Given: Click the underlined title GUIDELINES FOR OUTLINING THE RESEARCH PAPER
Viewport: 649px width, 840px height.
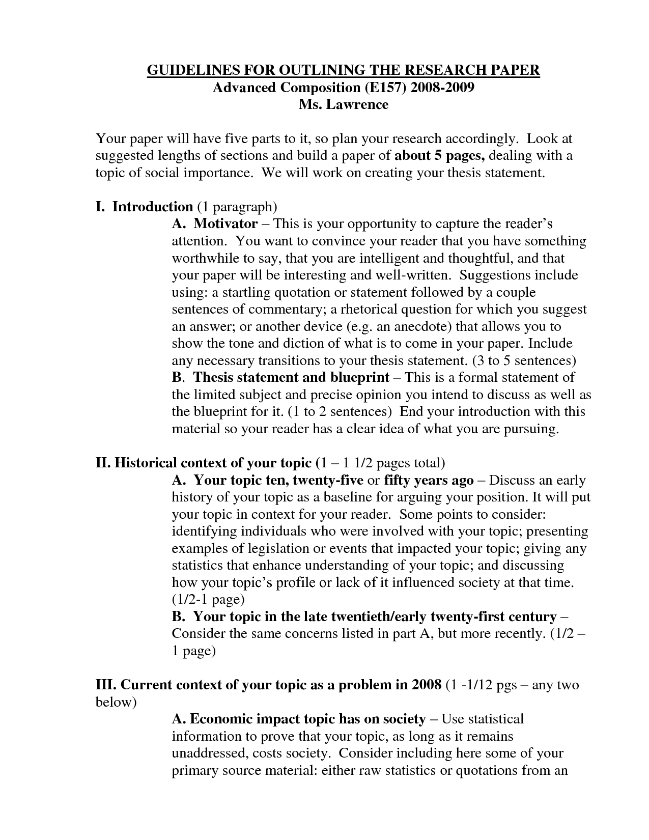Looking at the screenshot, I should (x=343, y=70).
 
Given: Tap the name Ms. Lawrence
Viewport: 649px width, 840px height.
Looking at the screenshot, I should (x=343, y=104).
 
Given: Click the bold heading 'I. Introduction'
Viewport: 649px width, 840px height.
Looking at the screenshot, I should (x=144, y=206).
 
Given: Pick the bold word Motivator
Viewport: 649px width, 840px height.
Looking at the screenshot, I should (x=225, y=223).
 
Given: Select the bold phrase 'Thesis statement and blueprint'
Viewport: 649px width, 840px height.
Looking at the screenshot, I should (x=291, y=377).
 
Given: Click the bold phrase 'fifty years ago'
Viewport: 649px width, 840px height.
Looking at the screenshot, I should (x=429, y=480).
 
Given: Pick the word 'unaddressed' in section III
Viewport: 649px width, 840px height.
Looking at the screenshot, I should (x=209, y=753).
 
